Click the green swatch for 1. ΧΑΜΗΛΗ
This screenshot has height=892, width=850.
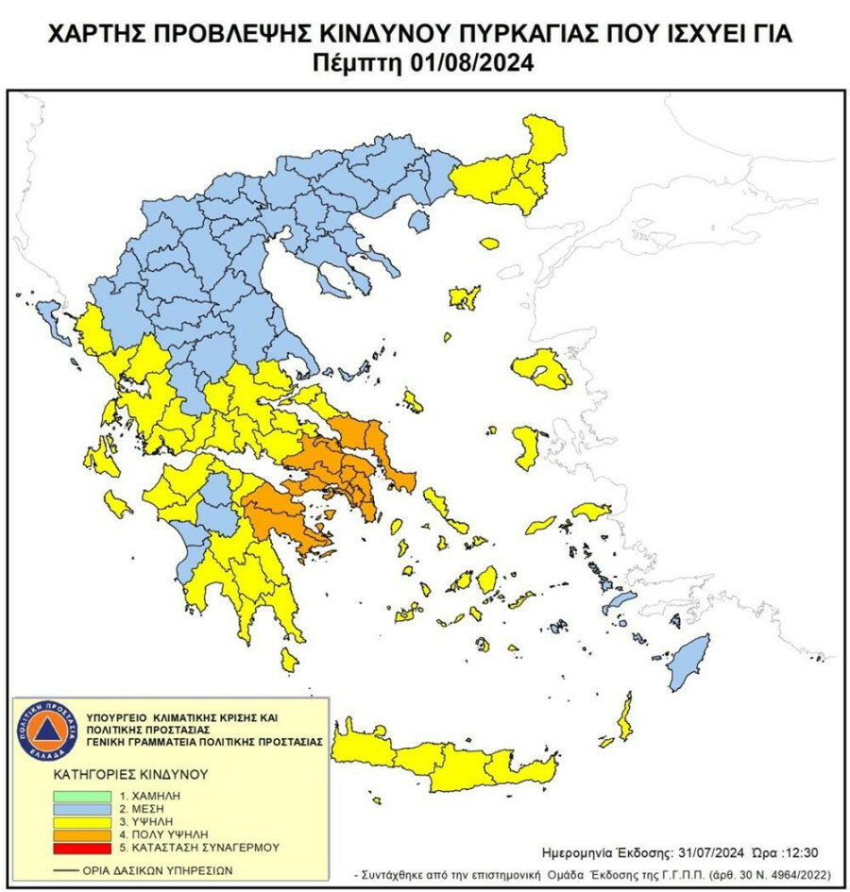tap(82, 796)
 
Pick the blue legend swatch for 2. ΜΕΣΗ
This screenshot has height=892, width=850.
tap(82, 810)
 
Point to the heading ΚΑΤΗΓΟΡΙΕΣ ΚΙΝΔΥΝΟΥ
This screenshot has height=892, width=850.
tap(129, 774)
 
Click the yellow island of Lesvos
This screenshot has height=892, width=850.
tap(542, 368)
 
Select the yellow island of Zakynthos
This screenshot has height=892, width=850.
tap(118, 502)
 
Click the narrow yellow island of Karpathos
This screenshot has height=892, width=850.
tap(624, 715)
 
